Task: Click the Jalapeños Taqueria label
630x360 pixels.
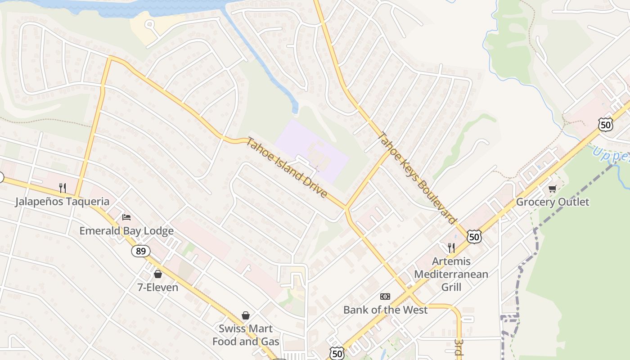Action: [62, 201]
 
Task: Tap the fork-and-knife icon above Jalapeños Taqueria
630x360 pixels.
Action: [63, 188]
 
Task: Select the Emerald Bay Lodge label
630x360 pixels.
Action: [126, 231]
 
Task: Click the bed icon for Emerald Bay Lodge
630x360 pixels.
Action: [126, 217]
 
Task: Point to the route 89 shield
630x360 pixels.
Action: [141, 251]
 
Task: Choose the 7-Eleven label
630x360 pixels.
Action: [157, 287]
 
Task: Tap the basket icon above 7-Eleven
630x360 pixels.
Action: [158, 274]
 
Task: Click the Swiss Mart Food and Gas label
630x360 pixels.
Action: [246, 335]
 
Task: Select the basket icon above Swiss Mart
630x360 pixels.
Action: [246, 315]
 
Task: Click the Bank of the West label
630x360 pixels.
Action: [385, 310]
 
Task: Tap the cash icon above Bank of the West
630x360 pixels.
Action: [385, 296]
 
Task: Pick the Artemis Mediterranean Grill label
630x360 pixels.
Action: [451, 274]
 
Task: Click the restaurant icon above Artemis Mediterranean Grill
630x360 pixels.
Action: [451, 247]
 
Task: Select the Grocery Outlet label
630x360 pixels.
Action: [552, 202]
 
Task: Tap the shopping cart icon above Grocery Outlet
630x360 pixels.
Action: [552, 189]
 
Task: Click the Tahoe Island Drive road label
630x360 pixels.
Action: [286, 167]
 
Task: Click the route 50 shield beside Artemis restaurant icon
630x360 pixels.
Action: [474, 237]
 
